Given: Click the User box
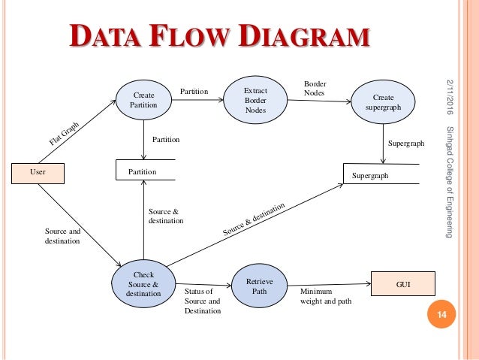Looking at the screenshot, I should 38,172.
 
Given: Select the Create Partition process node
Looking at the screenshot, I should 143,101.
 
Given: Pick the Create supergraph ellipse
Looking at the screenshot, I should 383,103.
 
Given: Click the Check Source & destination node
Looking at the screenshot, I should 143,285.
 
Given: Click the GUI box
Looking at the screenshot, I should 402,283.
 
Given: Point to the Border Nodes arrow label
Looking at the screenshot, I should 315,89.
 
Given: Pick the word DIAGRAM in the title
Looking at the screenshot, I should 302,38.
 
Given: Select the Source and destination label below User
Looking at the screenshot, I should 62,238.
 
